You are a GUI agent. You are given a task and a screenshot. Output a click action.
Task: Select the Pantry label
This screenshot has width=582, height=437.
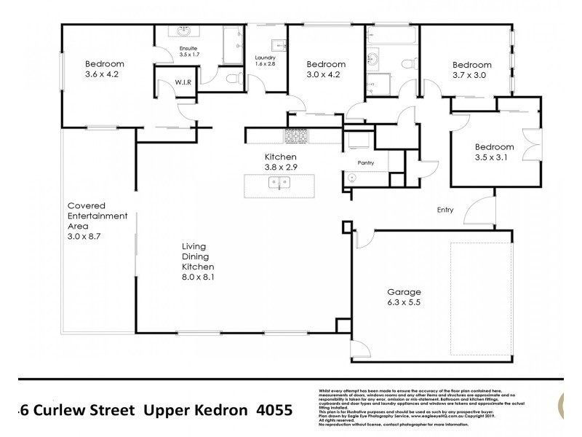[365, 163]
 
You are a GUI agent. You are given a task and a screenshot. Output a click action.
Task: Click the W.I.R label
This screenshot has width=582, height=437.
[182, 82]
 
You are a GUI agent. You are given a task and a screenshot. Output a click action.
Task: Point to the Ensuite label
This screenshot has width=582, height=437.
[188, 49]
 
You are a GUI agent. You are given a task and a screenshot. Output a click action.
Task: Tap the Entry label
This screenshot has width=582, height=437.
[445, 210]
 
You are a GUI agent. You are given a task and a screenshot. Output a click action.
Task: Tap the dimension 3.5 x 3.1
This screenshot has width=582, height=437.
[494, 157]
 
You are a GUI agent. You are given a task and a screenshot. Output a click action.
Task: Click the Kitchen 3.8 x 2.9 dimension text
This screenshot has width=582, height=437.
[280, 167]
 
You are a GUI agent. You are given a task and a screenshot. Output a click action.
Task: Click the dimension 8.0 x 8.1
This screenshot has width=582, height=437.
[199, 277]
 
